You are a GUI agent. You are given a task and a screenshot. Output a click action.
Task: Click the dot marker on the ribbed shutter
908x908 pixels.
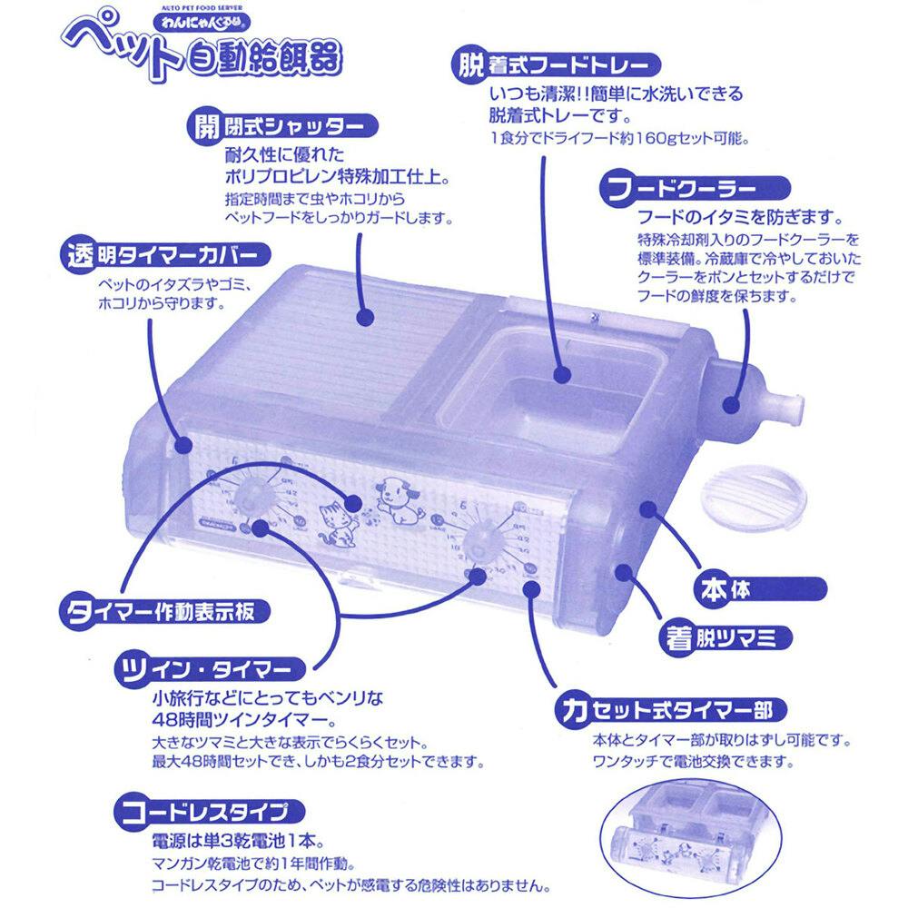365,317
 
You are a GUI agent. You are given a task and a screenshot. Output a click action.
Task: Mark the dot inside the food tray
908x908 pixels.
562,373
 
